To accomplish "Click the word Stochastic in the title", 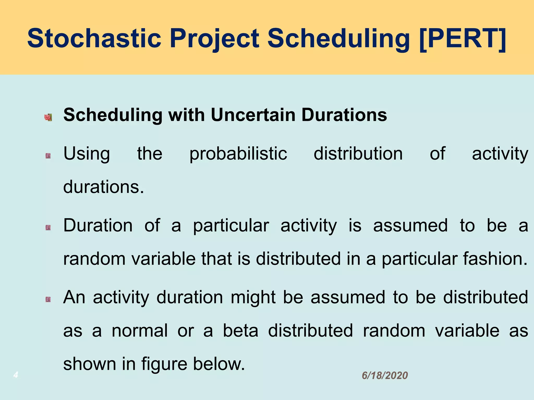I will pyautogui.click(x=94, y=38).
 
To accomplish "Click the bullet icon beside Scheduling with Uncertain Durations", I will pyautogui.click(x=48, y=117).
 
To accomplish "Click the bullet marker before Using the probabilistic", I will pyautogui.click(x=48, y=156).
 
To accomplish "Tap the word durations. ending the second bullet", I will pyautogui.click(x=104, y=187).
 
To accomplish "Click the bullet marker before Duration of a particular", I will pyautogui.click(x=48, y=228).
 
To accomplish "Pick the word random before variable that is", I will pyautogui.click(x=94, y=259).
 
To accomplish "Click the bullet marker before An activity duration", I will pyautogui.click(x=48, y=299).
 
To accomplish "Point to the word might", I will pyautogui.click(x=253, y=298).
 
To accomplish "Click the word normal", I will pyautogui.click(x=139, y=331).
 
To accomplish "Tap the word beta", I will pyautogui.click(x=240, y=331).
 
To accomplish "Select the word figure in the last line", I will pyautogui.click(x=164, y=364).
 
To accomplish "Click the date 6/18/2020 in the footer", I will pyautogui.click(x=385, y=376).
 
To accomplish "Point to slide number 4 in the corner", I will pyautogui.click(x=16, y=375).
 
